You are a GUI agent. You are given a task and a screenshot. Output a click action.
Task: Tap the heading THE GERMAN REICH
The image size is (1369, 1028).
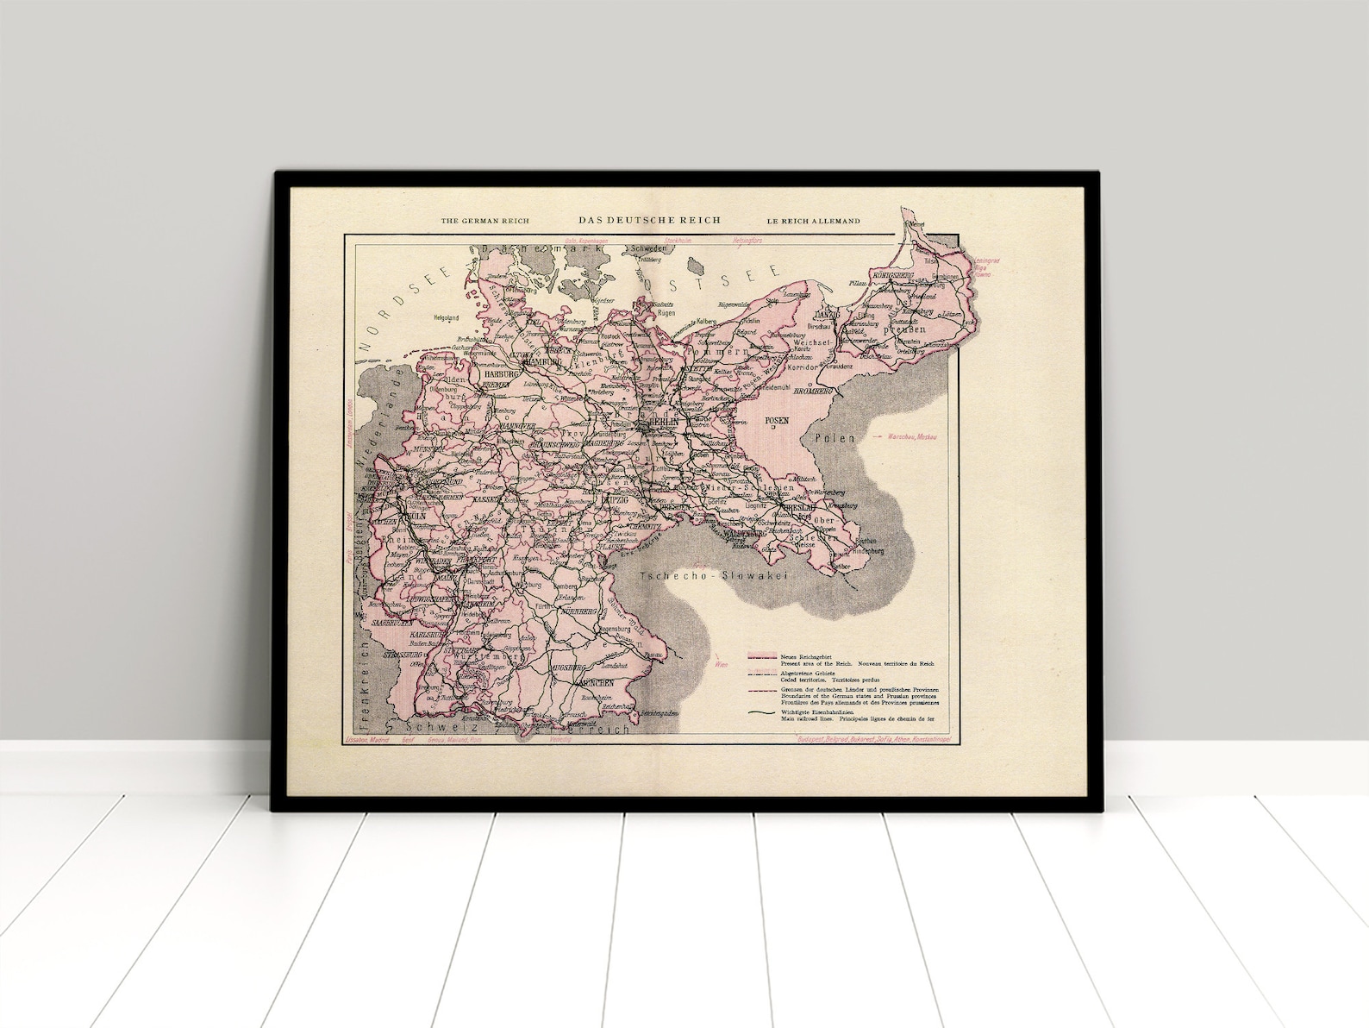click(484, 222)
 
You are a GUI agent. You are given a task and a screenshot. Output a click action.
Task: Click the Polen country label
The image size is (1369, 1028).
click(835, 438)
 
